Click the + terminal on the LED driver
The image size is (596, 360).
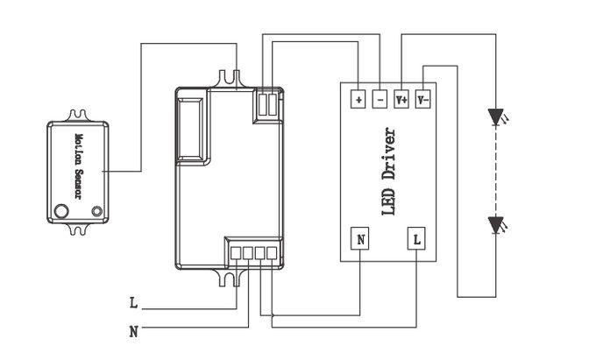point(358,100)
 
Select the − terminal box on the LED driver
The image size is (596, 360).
point(380,100)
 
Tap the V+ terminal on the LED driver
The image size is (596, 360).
point(401,100)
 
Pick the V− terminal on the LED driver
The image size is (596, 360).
point(422,100)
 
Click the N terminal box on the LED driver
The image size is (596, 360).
point(360,238)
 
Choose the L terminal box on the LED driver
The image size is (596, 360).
point(416,238)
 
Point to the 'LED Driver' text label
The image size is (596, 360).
point(388,172)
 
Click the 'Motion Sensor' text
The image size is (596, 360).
point(79,166)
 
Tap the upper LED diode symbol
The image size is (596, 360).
point(497,117)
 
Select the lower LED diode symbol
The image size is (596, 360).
point(496,225)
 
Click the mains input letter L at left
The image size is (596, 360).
point(133,303)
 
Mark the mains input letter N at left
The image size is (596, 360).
point(133,332)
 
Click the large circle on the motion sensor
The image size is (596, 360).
point(61,211)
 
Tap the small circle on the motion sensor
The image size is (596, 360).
point(97,211)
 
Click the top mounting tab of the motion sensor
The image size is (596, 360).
point(79,116)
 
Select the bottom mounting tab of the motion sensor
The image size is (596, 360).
point(79,229)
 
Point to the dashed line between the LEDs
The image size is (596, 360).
point(496,172)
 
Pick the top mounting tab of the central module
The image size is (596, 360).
point(230,79)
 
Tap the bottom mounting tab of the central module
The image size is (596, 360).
point(230,277)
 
